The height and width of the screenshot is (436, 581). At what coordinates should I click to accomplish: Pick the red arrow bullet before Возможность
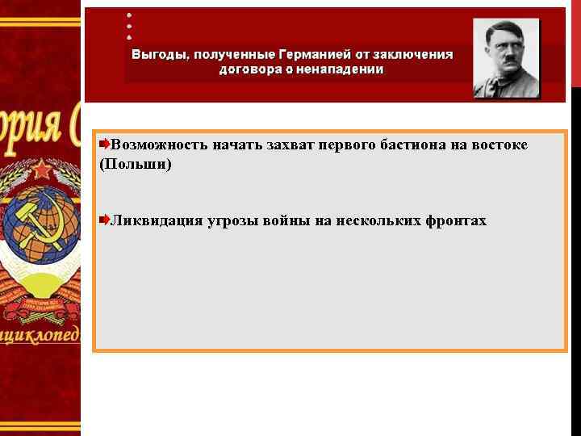coord(104,144)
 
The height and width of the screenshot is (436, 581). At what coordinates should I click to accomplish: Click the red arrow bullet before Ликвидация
coord(104,220)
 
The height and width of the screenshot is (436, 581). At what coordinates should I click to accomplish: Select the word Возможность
coord(159,145)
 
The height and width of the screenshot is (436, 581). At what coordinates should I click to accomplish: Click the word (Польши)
coord(135,164)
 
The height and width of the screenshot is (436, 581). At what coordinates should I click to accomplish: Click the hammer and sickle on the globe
coord(32,226)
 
